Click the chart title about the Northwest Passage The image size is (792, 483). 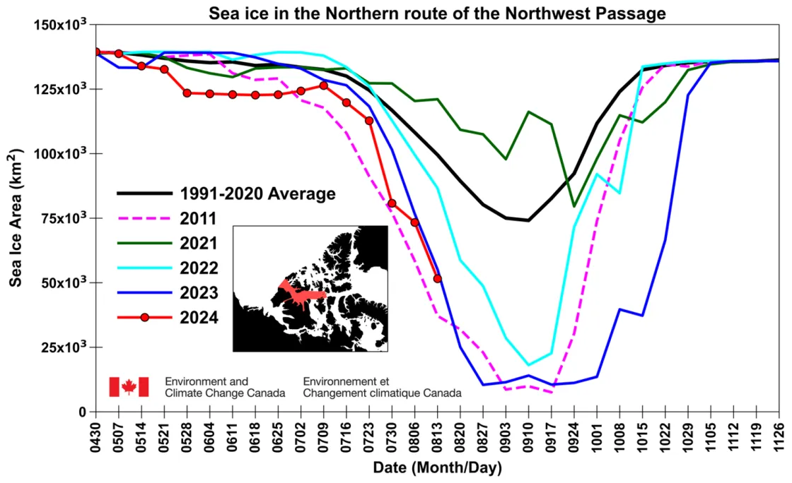click(x=437, y=13)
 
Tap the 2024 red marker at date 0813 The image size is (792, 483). click(x=438, y=279)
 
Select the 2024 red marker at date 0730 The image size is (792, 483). click(x=392, y=203)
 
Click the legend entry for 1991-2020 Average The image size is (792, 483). click(x=257, y=193)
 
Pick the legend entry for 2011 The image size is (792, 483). click(x=199, y=218)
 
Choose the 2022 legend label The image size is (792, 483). click(x=199, y=268)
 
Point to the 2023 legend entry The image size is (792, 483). click(x=199, y=292)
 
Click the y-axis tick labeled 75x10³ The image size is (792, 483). click(x=62, y=218)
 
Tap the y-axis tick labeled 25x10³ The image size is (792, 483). click(x=62, y=347)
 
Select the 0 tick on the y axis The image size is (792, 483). click(x=82, y=412)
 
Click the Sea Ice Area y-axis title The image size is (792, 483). click(x=16, y=217)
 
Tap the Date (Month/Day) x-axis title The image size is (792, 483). click(x=437, y=468)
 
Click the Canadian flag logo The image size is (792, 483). click(x=129, y=387)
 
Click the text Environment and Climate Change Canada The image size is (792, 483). click(x=225, y=387)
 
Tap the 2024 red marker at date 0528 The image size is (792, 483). click(x=187, y=93)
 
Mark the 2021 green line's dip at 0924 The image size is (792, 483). click(x=573, y=206)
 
